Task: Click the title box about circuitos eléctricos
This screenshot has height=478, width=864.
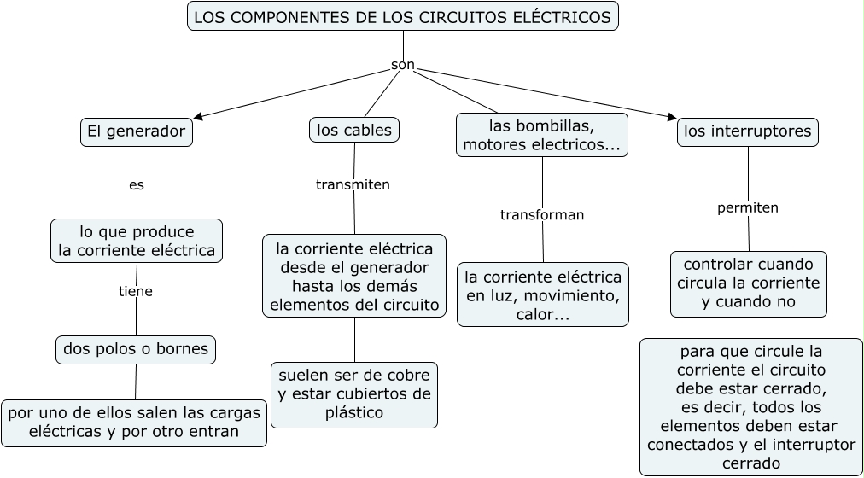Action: click(402, 16)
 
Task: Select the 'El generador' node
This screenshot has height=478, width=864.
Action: click(137, 131)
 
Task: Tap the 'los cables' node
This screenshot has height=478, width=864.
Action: click(354, 130)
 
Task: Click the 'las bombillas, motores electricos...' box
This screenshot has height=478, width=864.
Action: click(542, 135)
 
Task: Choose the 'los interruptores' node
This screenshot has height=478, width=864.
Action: click(748, 131)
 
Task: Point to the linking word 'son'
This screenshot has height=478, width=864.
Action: click(403, 64)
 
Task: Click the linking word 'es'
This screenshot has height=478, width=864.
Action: click(137, 184)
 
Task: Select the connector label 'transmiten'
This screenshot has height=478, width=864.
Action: click(353, 184)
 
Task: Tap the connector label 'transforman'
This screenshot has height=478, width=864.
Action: click(542, 214)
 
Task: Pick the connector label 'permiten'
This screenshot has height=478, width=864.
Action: click(748, 207)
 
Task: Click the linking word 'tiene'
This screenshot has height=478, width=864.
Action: click(136, 291)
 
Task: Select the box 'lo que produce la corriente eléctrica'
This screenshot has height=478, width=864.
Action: click(137, 241)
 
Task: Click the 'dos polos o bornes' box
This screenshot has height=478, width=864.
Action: click(137, 348)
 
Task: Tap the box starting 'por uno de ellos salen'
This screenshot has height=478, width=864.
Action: click(134, 423)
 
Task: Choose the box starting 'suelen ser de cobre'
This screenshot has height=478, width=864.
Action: click(354, 394)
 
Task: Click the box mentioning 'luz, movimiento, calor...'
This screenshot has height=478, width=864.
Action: click(543, 295)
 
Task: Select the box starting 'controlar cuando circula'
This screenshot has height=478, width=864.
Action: click(749, 283)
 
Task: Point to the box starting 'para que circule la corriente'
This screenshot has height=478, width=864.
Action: click(751, 407)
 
